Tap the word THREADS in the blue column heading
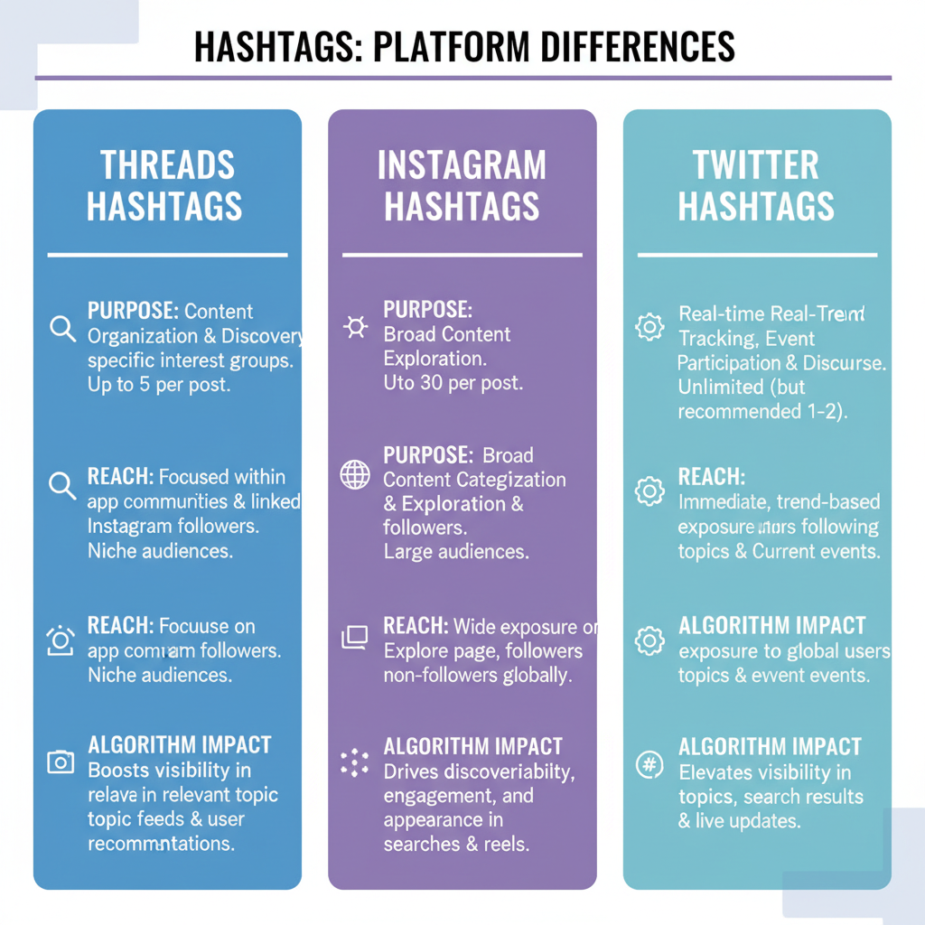[x=167, y=165]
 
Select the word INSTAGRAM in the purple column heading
[x=462, y=165]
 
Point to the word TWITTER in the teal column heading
[x=756, y=165]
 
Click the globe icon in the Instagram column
[x=355, y=474]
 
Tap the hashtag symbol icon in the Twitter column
[x=649, y=764]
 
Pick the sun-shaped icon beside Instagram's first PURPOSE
[x=355, y=327]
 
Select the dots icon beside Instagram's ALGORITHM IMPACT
[x=355, y=762]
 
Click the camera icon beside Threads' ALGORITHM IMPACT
[x=61, y=762]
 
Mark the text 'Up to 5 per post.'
[x=159, y=385]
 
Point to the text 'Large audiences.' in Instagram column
[x=456, y=551]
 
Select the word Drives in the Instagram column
[x=409, y=771]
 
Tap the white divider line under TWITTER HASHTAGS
[x=757, y=256]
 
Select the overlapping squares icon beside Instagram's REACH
[x=354, y=638]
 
